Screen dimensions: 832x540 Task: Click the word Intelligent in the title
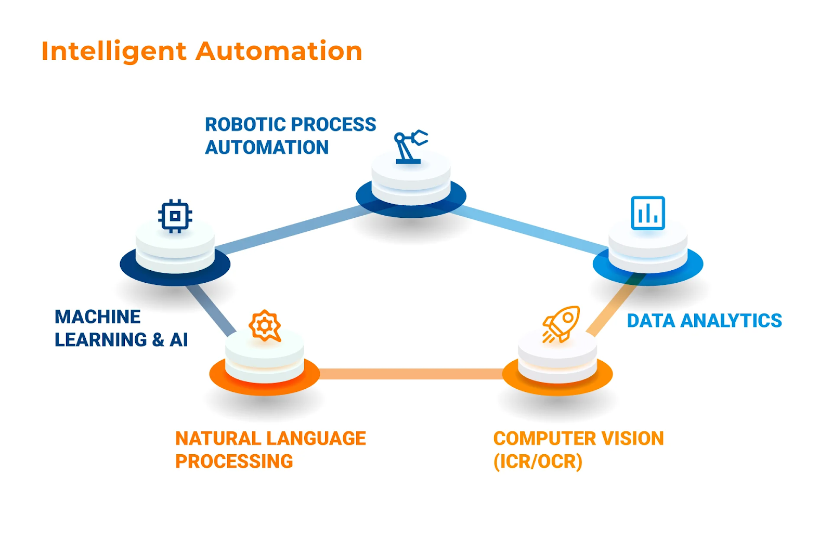[114, 51]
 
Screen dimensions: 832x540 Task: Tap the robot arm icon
[410, 147]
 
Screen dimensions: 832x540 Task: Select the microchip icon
[175, 216]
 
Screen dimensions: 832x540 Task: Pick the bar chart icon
[648, 213]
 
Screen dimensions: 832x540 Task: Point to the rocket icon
[561, 324]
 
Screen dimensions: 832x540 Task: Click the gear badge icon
[265, 325]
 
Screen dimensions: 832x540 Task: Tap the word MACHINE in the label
[98, 317]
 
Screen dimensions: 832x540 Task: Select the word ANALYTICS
[731, 321]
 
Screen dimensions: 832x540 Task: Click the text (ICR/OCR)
[538, 462]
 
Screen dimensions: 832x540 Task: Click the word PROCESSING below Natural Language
[234, 462]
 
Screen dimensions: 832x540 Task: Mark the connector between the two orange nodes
[411, 374]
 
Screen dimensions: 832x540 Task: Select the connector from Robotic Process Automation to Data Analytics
[530, 230]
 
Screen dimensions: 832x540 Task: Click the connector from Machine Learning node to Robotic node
[293, 230]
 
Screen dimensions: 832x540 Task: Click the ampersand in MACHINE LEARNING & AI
[158, 340]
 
